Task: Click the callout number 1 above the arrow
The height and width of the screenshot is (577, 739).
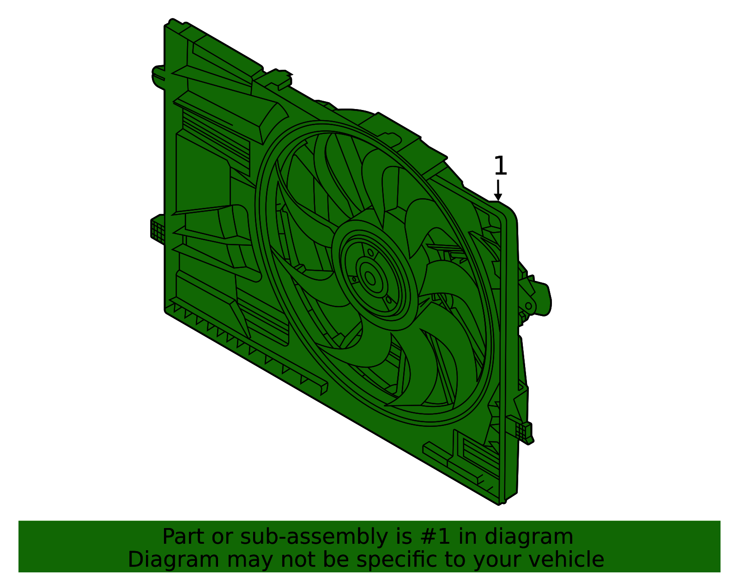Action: click(x=500, y=166)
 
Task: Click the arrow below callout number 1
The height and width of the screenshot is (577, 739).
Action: click(x=497, y=190)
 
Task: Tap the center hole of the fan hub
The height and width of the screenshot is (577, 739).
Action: click(x=370, y=278)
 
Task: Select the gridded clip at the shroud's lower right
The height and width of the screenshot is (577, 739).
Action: click(x=524, y=431)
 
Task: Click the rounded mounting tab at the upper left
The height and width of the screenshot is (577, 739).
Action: click(x=158, y=76)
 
